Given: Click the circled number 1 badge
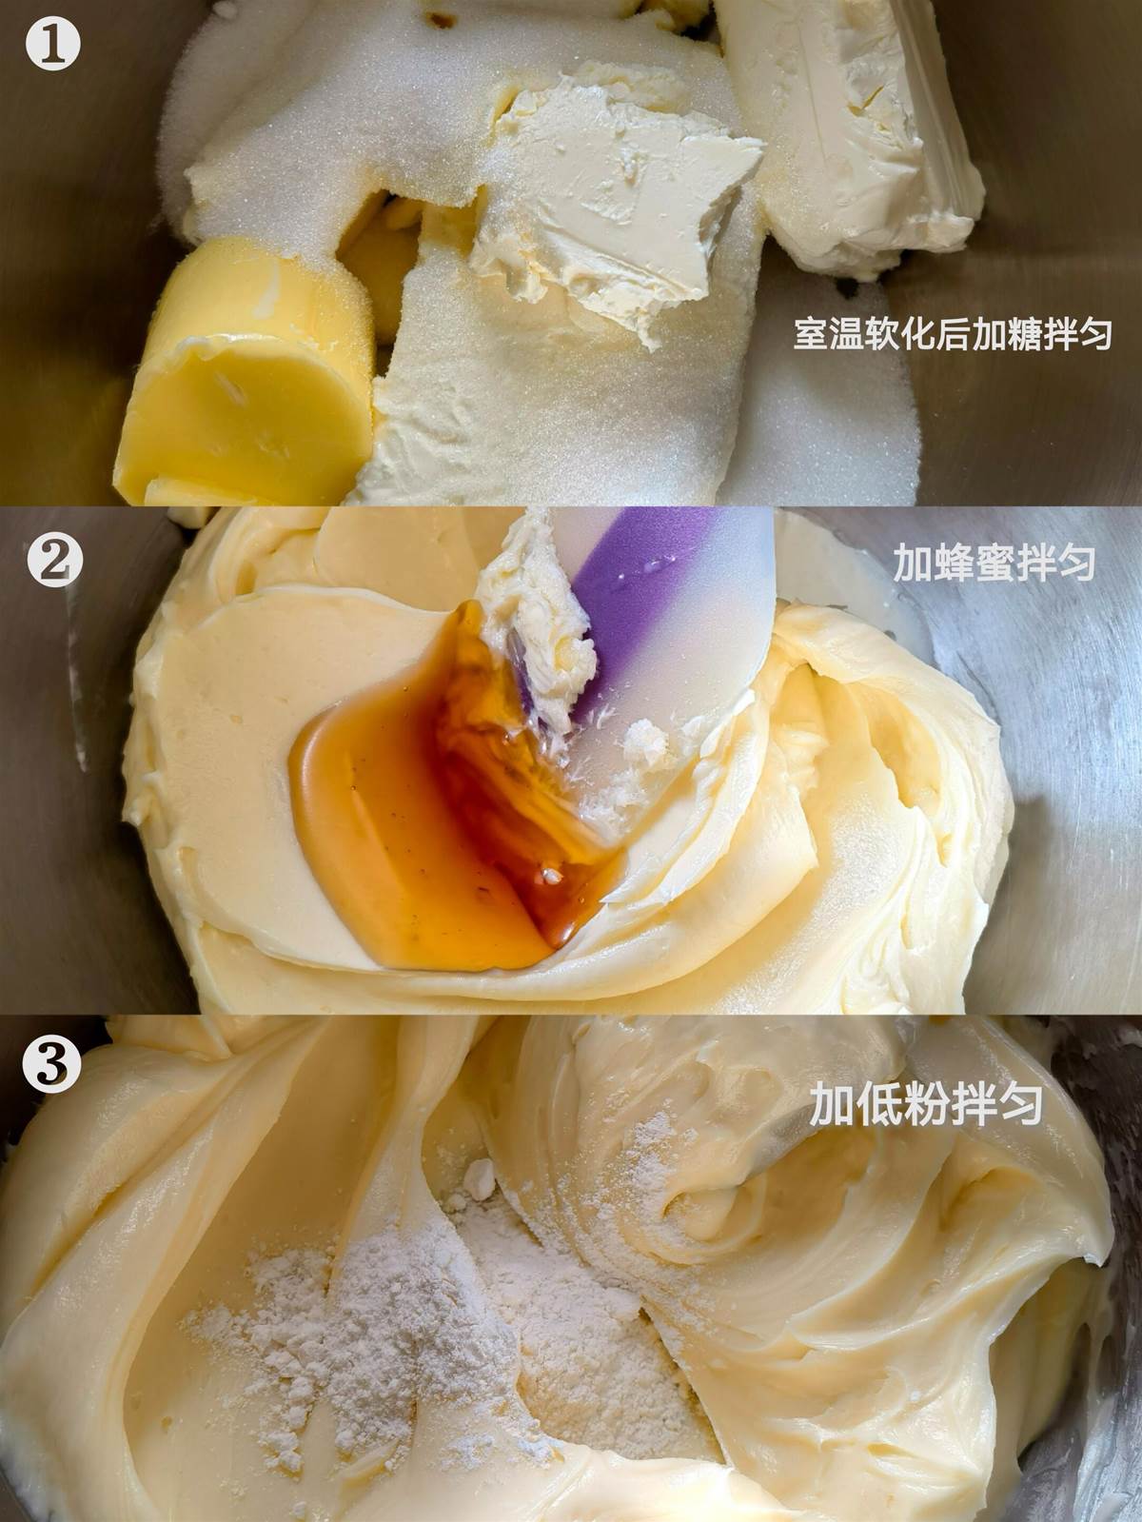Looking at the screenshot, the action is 52,44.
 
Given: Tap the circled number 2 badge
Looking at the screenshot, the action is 54,560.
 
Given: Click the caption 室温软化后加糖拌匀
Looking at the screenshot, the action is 953,333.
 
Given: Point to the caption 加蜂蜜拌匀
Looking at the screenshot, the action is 993,562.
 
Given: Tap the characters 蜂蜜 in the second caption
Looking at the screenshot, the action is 973,562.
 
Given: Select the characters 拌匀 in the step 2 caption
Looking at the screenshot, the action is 1054,562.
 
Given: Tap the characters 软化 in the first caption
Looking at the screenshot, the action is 897,333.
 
